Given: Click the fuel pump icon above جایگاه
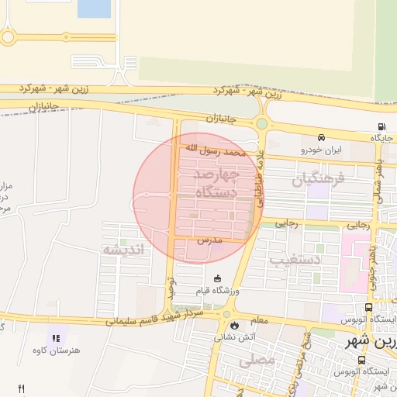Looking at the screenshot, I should pos(381,128).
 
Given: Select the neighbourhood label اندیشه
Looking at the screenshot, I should pos(124,249).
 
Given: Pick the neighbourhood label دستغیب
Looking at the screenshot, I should pos(295,259).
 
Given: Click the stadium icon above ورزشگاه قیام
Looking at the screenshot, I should pos(217,278).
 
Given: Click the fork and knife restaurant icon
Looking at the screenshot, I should pos(21,388).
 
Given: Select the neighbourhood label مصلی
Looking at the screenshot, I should pos(258,361).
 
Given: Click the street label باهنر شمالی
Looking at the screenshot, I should pos(378,178).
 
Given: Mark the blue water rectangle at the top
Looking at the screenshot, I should pos(94,9).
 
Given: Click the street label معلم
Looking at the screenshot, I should pos(259,319).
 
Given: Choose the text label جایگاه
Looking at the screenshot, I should pos(382,138).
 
